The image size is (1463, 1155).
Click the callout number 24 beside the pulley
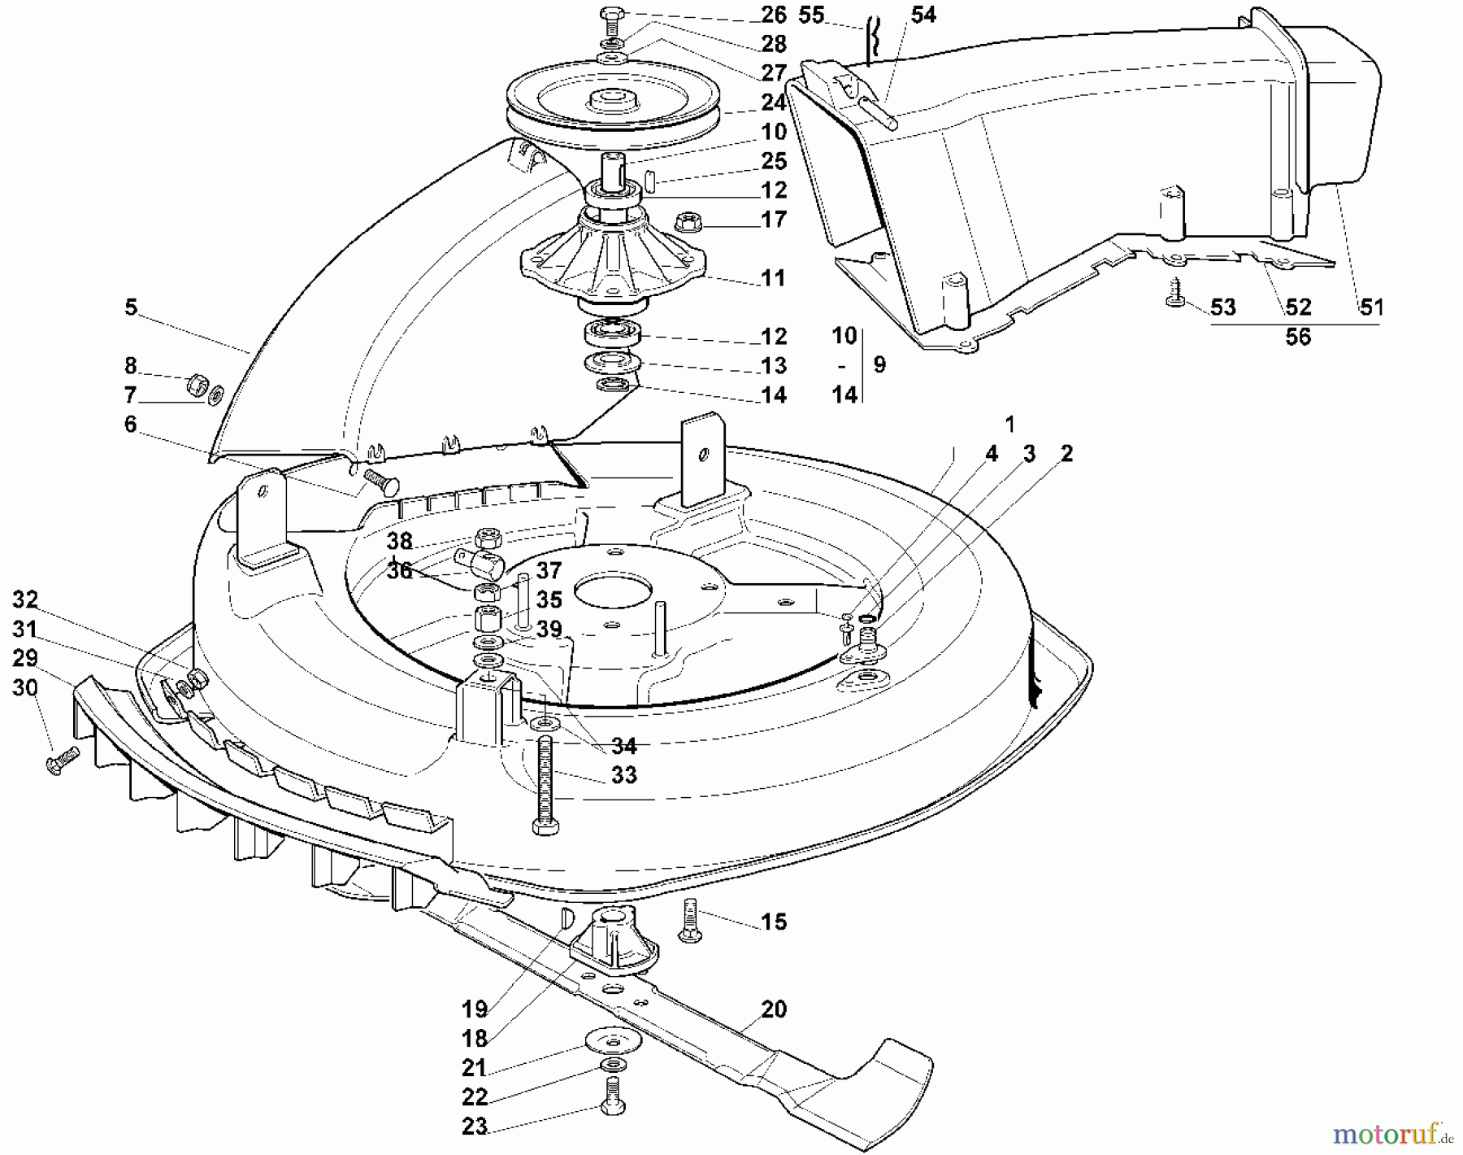773,102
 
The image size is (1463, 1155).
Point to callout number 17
773,220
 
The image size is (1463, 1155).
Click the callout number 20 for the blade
773,1009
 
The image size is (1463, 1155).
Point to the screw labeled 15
690,919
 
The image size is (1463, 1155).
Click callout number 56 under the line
1297,337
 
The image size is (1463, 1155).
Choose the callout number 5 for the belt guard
131,307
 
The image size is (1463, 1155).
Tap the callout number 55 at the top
810,15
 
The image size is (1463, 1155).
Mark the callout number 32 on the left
25,600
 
